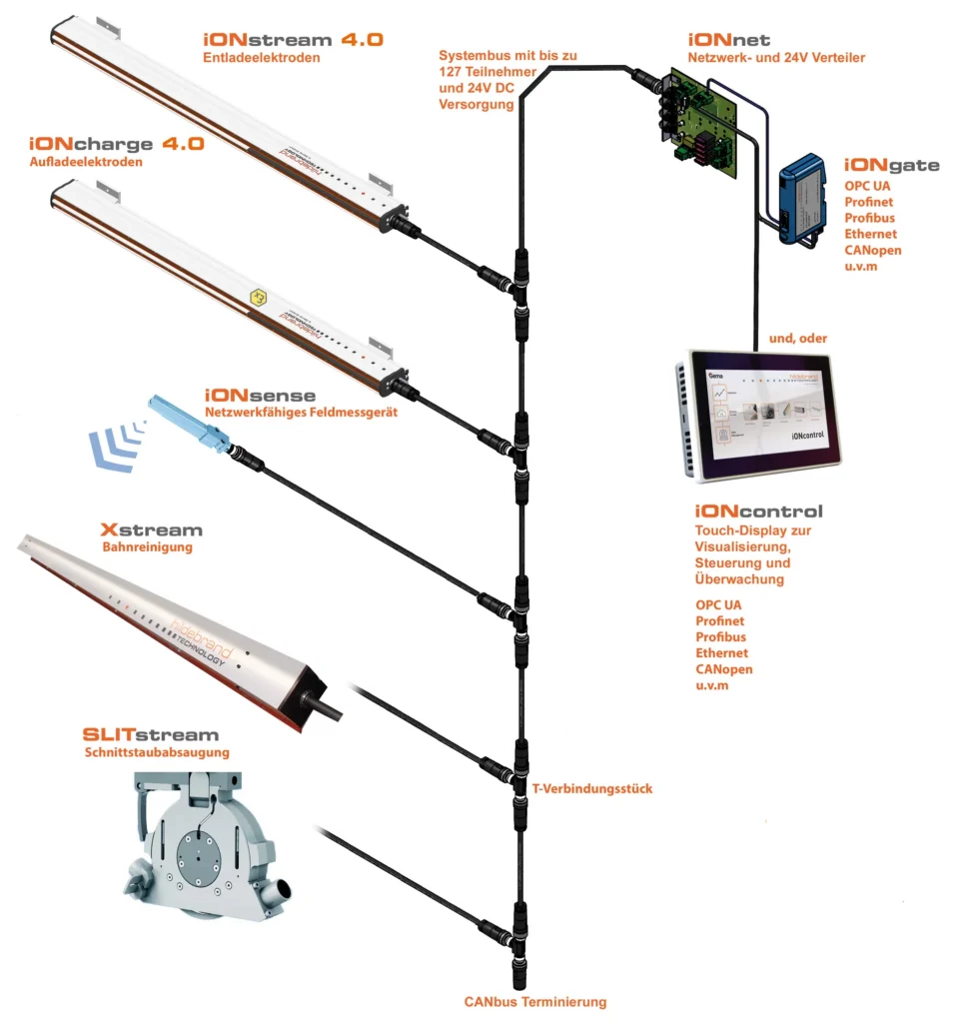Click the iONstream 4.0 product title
pos(293,42)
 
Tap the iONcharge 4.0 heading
pos(117,144)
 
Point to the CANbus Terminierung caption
pos(534,1001)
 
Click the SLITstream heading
pos(151,736)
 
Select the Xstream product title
pos(152,529)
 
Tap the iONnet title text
pos(722,40)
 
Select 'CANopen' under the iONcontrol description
pos(724,668)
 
